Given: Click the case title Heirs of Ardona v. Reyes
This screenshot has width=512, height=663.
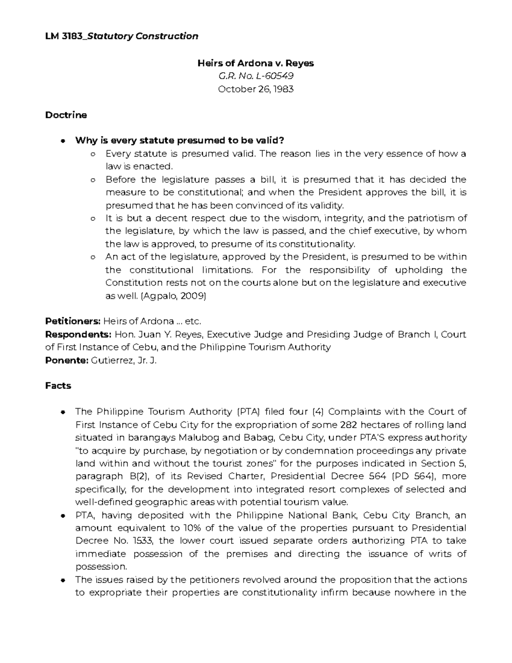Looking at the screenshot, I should [x=255, y=63].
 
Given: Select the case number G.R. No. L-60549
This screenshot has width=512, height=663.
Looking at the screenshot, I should [x=255, y=76].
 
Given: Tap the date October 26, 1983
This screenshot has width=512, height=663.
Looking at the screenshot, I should [x=255, y=89].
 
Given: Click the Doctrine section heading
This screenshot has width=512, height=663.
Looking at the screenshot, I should [x=66, y=115].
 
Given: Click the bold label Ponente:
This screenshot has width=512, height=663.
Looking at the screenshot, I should [x=67, y=360].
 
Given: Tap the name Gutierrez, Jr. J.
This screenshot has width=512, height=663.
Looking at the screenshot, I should [x=125, y=360].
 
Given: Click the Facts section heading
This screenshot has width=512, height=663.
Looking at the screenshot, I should [x=58, y=386].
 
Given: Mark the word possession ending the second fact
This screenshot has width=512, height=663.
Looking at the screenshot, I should [x=101, y=567].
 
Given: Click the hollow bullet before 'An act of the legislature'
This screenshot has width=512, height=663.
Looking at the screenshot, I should [x=93, y=257].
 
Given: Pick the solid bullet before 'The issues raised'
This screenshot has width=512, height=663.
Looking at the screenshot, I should [x=63, y=580].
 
